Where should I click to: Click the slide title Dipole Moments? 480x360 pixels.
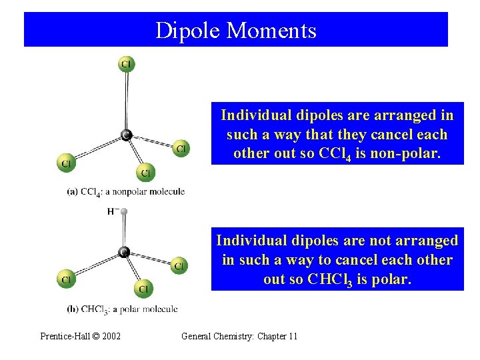(x=235, y=30)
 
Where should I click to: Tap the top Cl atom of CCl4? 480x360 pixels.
(x=126, y=64)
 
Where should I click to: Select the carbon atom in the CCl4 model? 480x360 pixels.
(x=125, y=135)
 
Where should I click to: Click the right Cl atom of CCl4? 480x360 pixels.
(x=180, y=148)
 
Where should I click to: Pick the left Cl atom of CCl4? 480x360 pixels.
(x=67, y=163)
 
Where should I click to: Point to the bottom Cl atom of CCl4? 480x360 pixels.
(x=146, y=173)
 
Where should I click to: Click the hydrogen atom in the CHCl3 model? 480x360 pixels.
(x=124, y=212)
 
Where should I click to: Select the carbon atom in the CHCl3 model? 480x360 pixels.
(x=123, y=252)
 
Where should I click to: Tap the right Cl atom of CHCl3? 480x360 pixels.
(x=178, y=266)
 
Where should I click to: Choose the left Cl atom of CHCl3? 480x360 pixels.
(x=66, y=279)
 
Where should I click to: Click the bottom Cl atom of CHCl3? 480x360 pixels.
(x=144, y=288)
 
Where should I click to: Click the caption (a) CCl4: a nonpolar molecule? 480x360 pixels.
(x=125, y=192)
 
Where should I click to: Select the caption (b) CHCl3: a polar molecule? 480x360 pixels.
(x=122, y=309)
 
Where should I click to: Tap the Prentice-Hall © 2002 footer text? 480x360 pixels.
(x=81, y=336)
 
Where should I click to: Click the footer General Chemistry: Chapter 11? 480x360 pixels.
(x=239, y=336)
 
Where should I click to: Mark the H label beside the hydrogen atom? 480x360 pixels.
(x=111, y=212)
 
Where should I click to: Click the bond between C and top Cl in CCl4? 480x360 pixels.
(x=126, y=100)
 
